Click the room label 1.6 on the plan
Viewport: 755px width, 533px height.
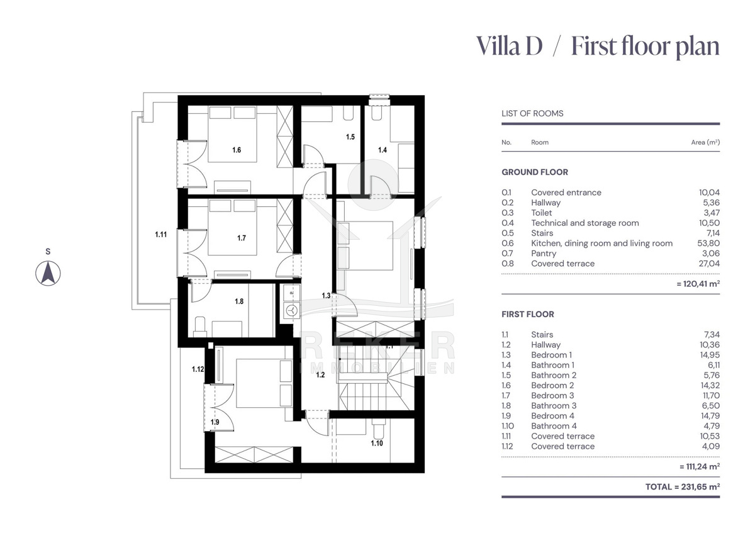[x=237, y=150]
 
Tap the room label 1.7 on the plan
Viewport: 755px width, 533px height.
[x=242, y=238]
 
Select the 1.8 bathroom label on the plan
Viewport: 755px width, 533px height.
[x=239, y=301]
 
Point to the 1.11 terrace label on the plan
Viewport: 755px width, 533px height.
[x=161, y=235]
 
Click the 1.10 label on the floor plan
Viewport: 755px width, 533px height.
[x=377, y=443]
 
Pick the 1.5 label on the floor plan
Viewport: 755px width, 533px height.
[x=350, y=137]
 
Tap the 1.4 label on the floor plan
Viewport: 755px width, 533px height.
[x=383, y=150]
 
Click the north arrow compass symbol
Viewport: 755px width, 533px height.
[x=48, y=273]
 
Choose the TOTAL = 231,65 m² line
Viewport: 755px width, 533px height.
[x=682, y=487]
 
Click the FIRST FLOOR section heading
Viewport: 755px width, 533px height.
[x=527, y=314]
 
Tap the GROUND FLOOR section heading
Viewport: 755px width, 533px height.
[x=534, y=172]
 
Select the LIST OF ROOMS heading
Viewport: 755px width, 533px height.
[x=532, y=114]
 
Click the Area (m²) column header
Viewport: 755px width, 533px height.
[x=705, y=142]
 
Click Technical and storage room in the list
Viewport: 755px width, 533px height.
[x=584, y=223]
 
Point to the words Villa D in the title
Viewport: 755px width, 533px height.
[x=509, y=46]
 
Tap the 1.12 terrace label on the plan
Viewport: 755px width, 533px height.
[x=198, y=369]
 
